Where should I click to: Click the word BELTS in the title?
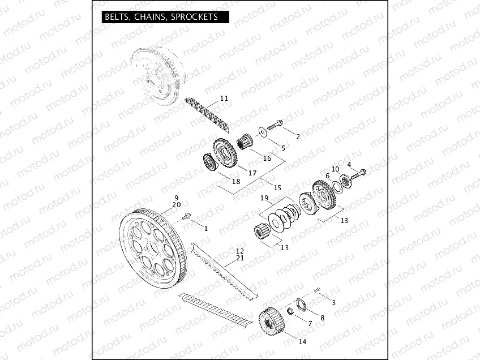coord(117,17)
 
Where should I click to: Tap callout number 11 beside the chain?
coord(224,98)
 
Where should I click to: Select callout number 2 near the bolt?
coord(298,136)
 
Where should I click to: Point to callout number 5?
coord(283,148)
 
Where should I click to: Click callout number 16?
coord(267,158)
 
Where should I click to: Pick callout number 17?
coord(252,172)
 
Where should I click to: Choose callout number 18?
coord(236,181)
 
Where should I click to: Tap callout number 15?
coord(277,187)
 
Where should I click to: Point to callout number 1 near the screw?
coord(205,228)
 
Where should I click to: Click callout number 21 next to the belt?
coord(240,258)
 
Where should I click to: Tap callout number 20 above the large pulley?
coord(176,204)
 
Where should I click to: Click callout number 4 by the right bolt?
coord(349,165)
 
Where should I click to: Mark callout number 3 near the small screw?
coord(333,302)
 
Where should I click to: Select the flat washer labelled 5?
coord(264,131)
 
